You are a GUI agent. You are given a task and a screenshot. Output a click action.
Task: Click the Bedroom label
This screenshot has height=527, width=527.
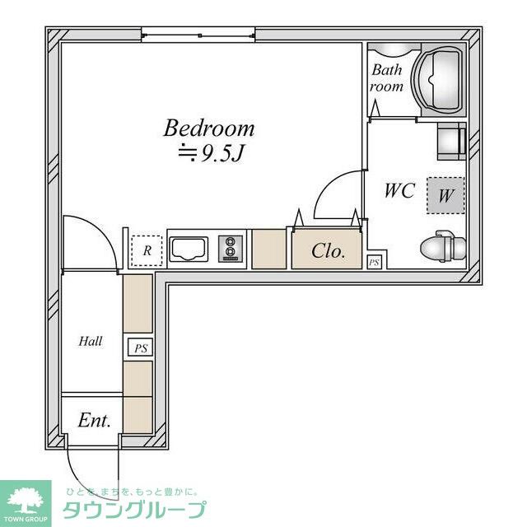(x=208, y=128)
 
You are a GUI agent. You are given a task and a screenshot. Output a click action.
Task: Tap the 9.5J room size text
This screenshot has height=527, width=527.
(x=211, y=154)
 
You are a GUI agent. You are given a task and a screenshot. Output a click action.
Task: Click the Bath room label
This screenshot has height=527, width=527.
(x=386, y=78)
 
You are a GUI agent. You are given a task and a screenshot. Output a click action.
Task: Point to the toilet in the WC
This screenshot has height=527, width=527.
(x=443, y=246)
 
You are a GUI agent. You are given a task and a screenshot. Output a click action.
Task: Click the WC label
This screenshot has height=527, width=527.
(x=399, y=190)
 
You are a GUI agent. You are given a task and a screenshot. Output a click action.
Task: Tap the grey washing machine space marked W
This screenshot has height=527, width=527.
(x=445, y=195)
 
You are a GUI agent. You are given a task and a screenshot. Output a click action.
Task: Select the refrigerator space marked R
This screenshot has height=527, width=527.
(x=147, y=250)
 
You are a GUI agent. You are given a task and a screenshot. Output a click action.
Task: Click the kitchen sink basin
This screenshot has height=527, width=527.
(x=189, y=250)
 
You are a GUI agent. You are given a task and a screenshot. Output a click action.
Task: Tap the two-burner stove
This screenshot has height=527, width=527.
(x=231, y=249)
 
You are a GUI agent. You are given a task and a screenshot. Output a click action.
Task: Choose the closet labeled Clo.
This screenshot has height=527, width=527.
(x=327, y=250)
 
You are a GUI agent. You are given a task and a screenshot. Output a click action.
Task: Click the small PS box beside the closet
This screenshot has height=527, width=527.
(x=374, y=262)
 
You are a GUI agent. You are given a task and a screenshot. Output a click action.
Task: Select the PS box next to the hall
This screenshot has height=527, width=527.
(x=141, y=347)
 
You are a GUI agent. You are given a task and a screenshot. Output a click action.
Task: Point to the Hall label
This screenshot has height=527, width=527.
(x=90, y=342)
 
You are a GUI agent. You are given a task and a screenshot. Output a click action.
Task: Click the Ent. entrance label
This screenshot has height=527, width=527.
(x=94, y=421)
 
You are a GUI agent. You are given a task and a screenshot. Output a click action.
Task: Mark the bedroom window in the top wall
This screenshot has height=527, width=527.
(x=198, y=35)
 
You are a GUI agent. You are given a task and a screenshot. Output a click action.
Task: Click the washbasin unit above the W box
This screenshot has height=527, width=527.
(x=451, y=141)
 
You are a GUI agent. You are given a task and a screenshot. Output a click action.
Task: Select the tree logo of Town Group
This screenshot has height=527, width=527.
(x=26, y=500)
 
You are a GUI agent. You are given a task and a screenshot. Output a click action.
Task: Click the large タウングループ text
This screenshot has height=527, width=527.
(x=134, y=511)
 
